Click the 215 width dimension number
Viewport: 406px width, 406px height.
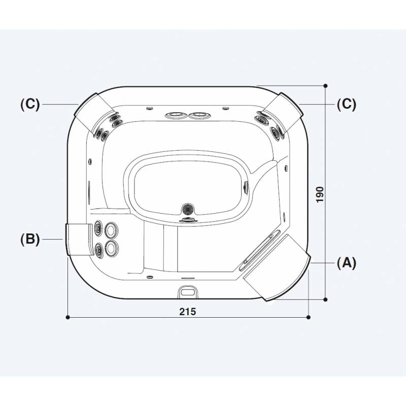pos(187,312)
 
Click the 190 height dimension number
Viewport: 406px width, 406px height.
pos(320,194)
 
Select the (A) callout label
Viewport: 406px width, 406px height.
pos(347,263)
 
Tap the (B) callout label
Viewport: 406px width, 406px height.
pos(30,239)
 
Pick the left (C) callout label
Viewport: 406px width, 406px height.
pos(30,104)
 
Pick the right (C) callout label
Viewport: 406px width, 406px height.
pos(347,104)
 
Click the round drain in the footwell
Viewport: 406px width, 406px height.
pos(188,208)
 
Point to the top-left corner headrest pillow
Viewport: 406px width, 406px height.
pos(94,113)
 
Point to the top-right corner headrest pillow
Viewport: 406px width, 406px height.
pos(283,113)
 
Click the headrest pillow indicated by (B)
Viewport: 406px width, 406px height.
pos(79,240)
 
